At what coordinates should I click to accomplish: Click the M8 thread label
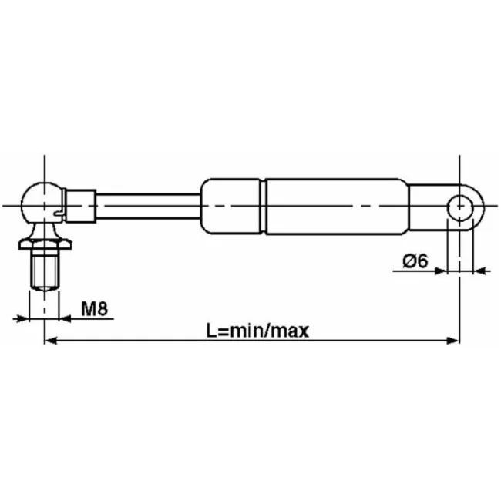pyautogui.click(x=95, y=308)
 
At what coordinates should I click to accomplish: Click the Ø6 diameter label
pyautogui.click(x=415, y=261)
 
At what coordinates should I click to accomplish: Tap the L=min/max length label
pyautogui.click(x=257, y=331)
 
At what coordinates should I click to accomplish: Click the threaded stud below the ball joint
pyautogui.click(x=45, y=270)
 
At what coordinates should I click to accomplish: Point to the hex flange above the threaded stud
pyautogui.click(x=45, y=244)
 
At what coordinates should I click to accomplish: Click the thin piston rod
pyautogui.click(x=148, y=206)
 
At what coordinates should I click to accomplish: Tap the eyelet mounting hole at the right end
pyautogui.click(x=460, y=207)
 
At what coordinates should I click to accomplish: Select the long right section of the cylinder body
pyautogui.click(x=337, y=207)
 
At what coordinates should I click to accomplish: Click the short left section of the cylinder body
pyautogui.click(x=230, y=207)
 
